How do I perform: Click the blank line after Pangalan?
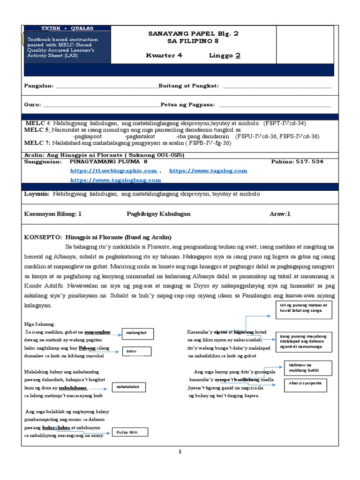pyautogui.click(x=107, y=86)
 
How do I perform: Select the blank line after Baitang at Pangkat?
pyautogui.click(x=277, y=86)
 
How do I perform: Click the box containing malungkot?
pyautogui.click(x=136, y=333)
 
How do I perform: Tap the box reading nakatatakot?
pyautogui.click(x=128, y=387)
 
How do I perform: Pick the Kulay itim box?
pyautogui.click(x=129, y=432)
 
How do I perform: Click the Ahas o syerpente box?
pyautogui.click(x=305, y=385)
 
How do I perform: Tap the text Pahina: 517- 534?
pyautogui.click(x=297, y=161)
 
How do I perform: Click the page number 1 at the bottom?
pyautogui.click(x=179, y=451)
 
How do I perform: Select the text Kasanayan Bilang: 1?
pyautogui.click(x=53, y=213)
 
